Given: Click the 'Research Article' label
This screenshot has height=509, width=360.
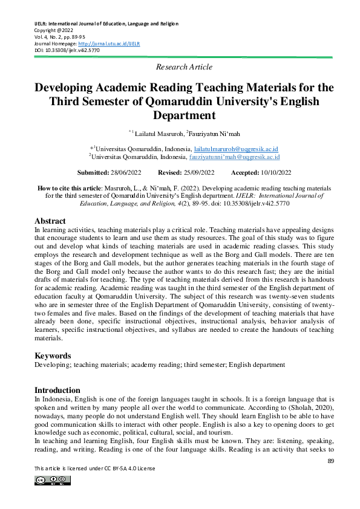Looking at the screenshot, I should (184, 67).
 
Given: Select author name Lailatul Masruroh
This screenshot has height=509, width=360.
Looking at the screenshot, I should (158, 132).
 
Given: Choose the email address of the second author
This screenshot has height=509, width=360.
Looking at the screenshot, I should (234, 156).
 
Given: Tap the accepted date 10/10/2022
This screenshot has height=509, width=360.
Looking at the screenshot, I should (266, 172).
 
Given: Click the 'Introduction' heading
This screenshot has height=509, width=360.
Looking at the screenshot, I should (57, 390).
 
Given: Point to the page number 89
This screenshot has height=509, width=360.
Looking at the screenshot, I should (330, 461).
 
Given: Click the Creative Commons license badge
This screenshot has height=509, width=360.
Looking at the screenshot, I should (53, 481).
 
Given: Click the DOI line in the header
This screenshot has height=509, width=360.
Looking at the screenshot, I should (67, 50).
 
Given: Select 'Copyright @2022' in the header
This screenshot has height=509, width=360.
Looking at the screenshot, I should (53, 30).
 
